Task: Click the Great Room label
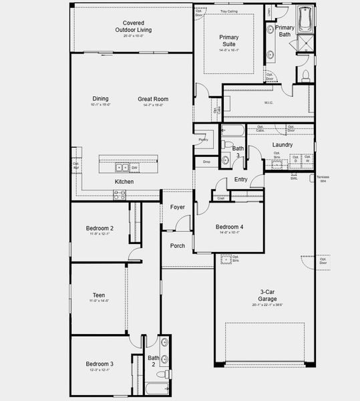(x=153, y=100)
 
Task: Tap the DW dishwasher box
(x=134, y=168)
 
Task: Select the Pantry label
(x=203, y=140)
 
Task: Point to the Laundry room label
(x=283, y=144)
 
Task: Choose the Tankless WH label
(x=323, y=179)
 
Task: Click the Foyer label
(x=178, y=207)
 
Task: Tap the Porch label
(x=178, y=245)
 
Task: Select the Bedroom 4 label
(x=229, y=227)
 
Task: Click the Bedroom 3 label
(x=99, y=364)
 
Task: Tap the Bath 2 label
(x=154, y=361)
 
